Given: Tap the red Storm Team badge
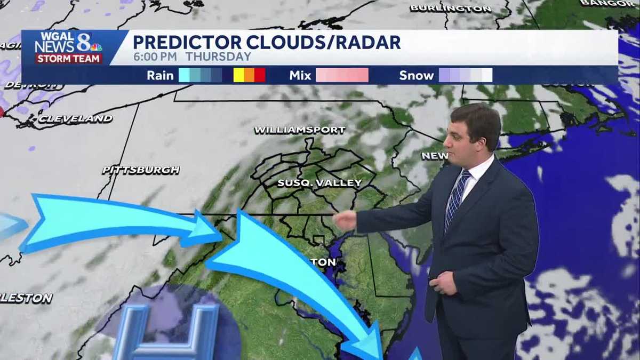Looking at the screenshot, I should tap(68, 58).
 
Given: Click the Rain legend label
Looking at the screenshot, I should tap(160, 75).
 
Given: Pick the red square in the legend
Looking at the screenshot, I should tap(260, 75).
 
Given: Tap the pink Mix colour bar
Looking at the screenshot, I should tap(342, 75).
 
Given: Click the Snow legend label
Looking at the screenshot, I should tap(416, 75).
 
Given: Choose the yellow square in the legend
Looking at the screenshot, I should tap(238, 75).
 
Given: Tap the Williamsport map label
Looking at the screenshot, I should tap(300, 130).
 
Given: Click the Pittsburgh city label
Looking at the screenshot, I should tap(141, 170).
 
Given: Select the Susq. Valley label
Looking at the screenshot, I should tap(319, 183).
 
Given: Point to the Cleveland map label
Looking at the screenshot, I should tap(75, 118).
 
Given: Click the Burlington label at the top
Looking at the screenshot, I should tap(451, 9).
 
